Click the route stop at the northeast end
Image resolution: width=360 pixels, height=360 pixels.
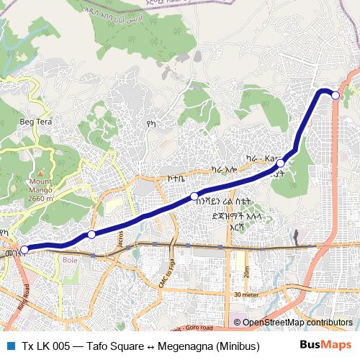tap(335, 94)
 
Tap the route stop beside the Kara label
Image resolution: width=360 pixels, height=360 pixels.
tap(281, 164)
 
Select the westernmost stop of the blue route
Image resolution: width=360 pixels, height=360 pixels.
tap(24, 249)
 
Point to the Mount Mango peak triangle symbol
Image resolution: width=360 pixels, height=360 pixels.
tap(41, 174)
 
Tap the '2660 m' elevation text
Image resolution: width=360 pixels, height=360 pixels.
tap(40, 198)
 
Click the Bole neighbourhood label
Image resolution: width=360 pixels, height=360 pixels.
tap(70, 260)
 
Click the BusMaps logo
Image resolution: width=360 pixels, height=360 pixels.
tap(325, 346)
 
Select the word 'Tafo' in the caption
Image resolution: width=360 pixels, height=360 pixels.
tap(97, 346)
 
